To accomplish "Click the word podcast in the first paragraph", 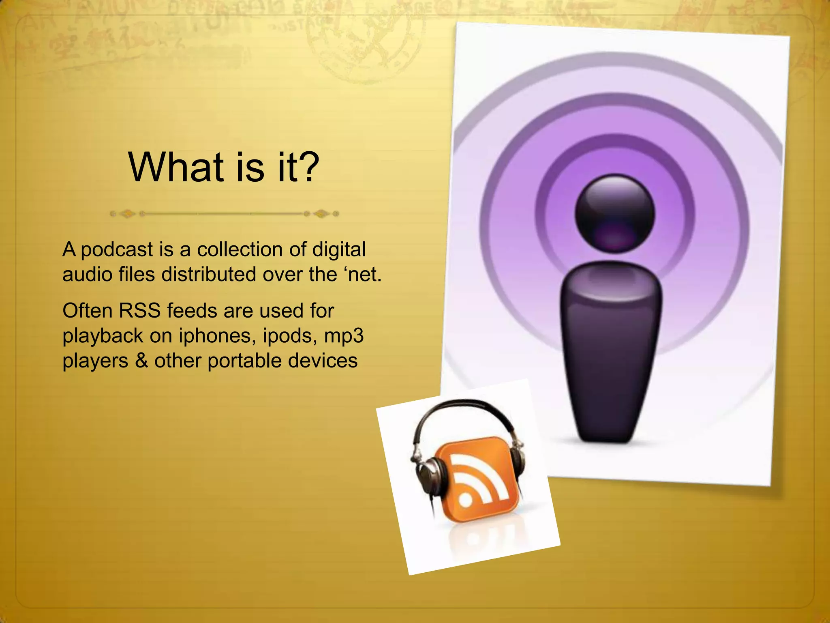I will click(x=117, y=250).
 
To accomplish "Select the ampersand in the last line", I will click(x=141, y=361).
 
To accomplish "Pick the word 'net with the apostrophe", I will click(x=363, y=275).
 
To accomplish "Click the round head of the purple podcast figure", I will click(x=614, y=213).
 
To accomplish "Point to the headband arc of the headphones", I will click(x=462, y=406).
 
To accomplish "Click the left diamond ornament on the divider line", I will click(x=128, y=214).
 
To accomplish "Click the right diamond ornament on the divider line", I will click(x=322, y=214).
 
